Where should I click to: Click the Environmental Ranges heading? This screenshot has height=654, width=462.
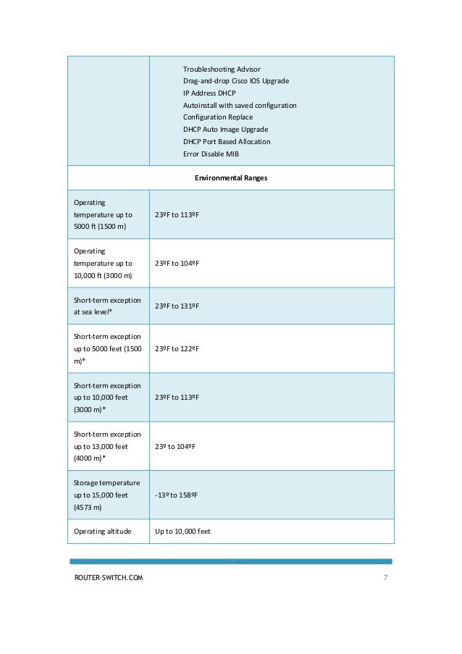(x=231, y=177)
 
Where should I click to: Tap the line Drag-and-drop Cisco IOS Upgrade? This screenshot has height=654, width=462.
(x=235, y=81)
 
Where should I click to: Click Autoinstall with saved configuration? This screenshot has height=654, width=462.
(x=240, y=106)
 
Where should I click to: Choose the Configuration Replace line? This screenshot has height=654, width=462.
(x=218, y=117)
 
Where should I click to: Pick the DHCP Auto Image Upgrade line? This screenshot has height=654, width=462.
(x=224, y=130)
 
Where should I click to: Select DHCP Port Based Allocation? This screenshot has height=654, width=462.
(x=227, y=142)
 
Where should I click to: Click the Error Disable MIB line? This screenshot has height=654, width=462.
(x=211, y=154)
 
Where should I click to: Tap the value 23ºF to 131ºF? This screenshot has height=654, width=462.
(x=177, y=306)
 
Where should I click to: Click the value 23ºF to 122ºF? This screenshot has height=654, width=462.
(x=177, y=348)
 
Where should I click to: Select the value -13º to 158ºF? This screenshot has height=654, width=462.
(x=177, y=495)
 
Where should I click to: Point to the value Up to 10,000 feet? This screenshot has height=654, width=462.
(x=182, y=532)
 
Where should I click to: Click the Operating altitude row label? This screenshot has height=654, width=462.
(x=103, y=532)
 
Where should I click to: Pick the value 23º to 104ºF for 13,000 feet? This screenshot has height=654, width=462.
(x=175, y=446)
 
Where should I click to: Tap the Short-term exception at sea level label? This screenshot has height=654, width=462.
(x=107, y=306)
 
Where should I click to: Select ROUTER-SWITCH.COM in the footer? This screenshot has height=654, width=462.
(x=109, y=577)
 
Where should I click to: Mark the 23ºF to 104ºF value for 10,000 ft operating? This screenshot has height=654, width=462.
(x=177, y=263)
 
